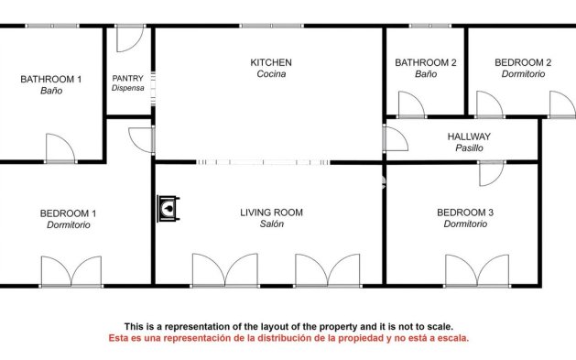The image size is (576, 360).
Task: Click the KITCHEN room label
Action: pos(271,62)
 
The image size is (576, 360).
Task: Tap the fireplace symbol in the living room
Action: pos(168,208)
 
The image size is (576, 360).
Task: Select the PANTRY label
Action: pos(127,78)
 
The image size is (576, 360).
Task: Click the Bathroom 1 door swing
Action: pos(60,147)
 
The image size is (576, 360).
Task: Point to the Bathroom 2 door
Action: pos(411,104)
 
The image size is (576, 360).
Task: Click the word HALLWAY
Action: pos(469,136)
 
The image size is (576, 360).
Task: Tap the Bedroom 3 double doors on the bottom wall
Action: pos(477,270)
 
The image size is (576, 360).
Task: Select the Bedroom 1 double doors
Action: pos(71,271)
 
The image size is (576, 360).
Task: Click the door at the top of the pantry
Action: pos(130,38)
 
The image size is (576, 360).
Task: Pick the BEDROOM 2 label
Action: pos(523,62)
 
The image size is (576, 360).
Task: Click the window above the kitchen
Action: pos(272,26)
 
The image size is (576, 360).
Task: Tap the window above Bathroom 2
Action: pos(430,26)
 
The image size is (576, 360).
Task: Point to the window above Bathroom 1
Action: pos(52,26)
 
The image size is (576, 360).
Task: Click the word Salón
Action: pos(271,224)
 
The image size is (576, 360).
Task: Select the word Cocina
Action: pos(271,74)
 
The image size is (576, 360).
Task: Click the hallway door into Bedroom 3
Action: pos(493,173)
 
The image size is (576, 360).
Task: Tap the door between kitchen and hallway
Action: pos(396,138)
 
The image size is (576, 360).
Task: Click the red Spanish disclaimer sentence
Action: pos(288,338)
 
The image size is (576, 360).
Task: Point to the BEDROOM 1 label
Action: pos(68,213)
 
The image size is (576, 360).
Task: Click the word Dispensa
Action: pos(127,88)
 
